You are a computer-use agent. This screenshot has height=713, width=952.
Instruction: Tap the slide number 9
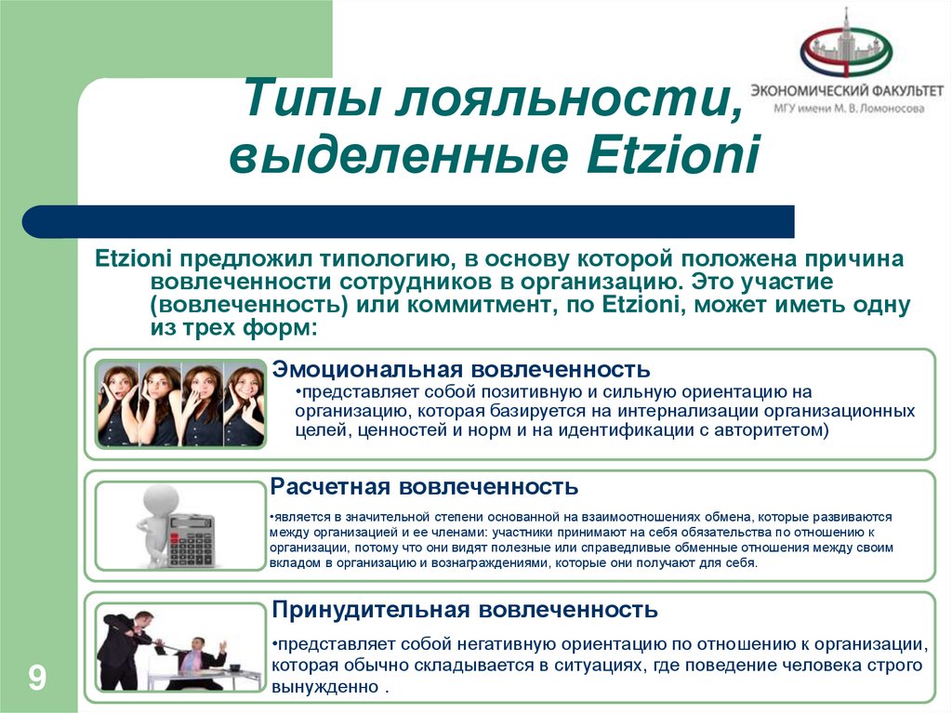pyautogui.click(x=37, y=677)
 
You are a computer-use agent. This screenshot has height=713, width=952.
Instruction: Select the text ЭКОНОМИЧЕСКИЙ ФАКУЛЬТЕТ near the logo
pyautogui.click(x=848, y=91)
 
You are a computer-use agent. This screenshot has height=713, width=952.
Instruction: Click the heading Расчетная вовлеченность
pyautogui.click(x=424, y=486)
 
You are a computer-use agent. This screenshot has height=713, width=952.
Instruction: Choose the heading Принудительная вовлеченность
pyautogui.click(x=464, y=610)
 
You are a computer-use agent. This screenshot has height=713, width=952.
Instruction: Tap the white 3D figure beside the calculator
pyautogui.click(x=152, y=525)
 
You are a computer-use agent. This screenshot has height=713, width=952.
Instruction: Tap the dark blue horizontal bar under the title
pyautogui.click(x=409, y=221)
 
